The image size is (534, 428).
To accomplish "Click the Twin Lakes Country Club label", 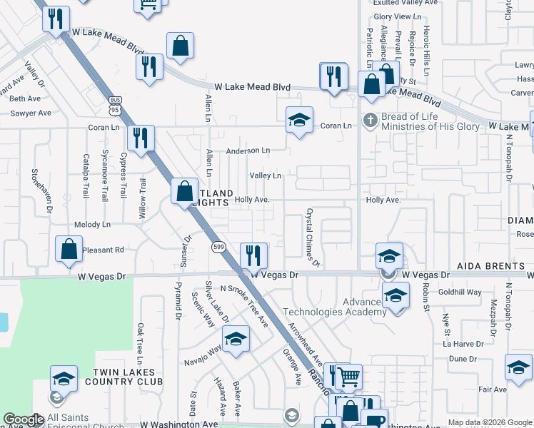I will [x=128, y=377].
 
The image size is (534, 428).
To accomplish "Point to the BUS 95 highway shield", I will [x=114, y=105].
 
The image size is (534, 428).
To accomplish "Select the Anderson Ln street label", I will [x=248, y=151].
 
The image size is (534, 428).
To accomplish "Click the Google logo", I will [x=24, y=419].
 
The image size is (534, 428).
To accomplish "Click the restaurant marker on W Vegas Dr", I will [x=253, y=255].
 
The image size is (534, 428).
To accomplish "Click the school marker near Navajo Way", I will [x=236, y=340].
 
